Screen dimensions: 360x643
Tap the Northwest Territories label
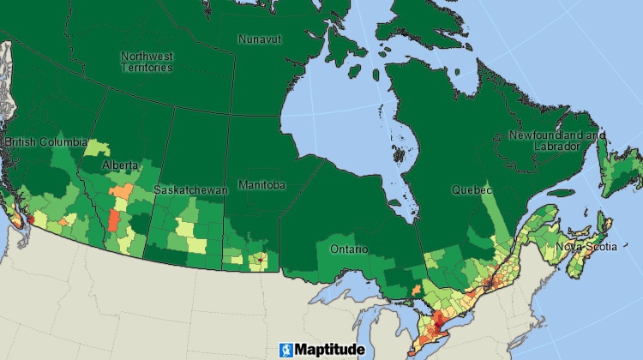pyautogui.click(x=147, y=61)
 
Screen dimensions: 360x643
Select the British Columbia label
pyautogui.click(x=45, y=141)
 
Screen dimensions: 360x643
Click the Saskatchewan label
pyautogui.click(x=190, y=189)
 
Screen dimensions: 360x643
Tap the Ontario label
pyautogui.click(x=349, y=249)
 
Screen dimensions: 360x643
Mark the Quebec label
pyautogui.click(x=472, y=189)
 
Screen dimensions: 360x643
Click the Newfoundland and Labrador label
pyautogui.click(x=556, y=141)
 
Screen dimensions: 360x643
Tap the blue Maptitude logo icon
pyautogui.click(x=285, y=350)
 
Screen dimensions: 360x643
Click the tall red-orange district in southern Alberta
pyautogui.click(x=113, y=219)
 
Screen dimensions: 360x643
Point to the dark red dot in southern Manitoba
pyautogui.click(x=260, y=257)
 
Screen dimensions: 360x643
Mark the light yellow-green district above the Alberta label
pyautogui.click(x=92, y=148)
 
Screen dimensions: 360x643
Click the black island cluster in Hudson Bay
pyautogui.click(x=399, y=155)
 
